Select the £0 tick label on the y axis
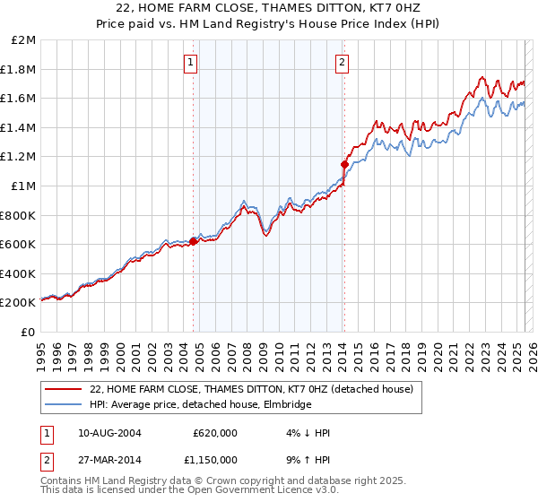click(29, 332)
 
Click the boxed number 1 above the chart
click(193, 62)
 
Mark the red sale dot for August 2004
click(193, 241)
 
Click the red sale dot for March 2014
click(344, 164)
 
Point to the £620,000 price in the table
click(215, 433)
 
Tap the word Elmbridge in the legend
click(288, 405)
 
